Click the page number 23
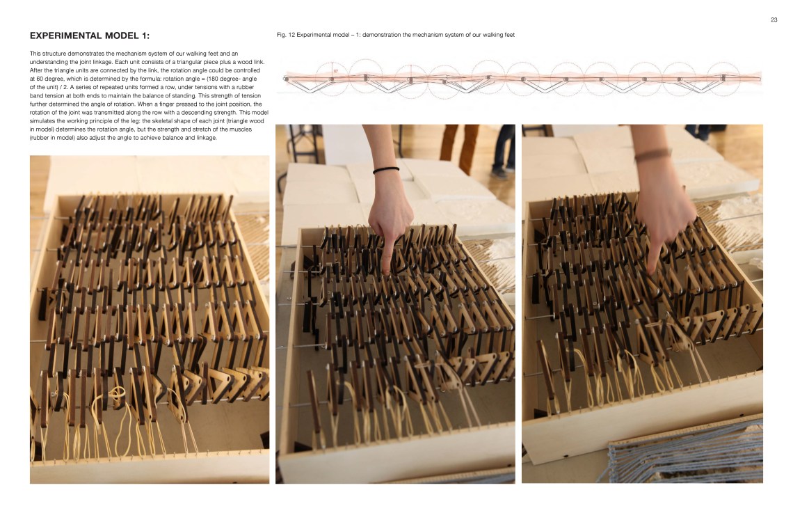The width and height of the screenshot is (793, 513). [x=774, y=19]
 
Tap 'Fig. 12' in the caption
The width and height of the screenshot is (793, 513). [x=286, y=35]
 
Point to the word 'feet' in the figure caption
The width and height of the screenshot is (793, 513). [x=508, y=35]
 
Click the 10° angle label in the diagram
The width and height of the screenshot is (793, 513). [x=336, y=71]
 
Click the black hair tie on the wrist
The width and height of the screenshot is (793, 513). [x=386, y=170]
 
